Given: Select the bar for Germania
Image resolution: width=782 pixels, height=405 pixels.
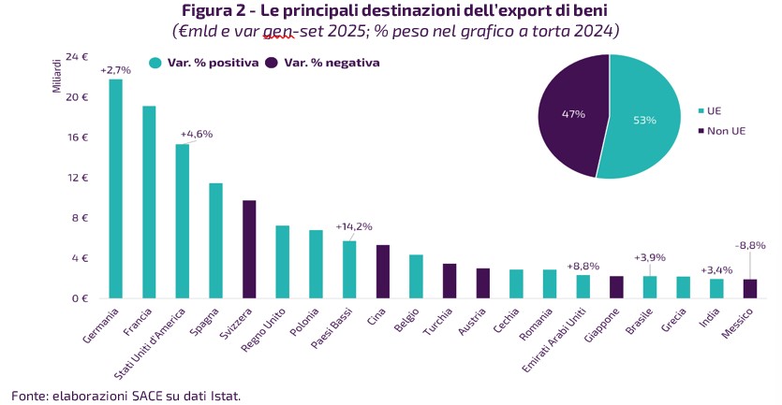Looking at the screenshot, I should [x=115, y=189].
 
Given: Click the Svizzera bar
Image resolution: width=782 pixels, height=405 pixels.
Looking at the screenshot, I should [x=249, y=249].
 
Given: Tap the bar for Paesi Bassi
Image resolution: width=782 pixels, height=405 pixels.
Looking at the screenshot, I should [x=349, y=269].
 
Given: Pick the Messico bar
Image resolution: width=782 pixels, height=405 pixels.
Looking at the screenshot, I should [x=751, y=288].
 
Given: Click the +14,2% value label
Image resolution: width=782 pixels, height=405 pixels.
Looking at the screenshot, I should [x=354, y=225].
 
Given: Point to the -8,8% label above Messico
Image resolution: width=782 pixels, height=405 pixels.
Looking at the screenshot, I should [x=750, y=245].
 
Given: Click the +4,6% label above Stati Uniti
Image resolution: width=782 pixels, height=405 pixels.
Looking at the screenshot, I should [x=197, y=134].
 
